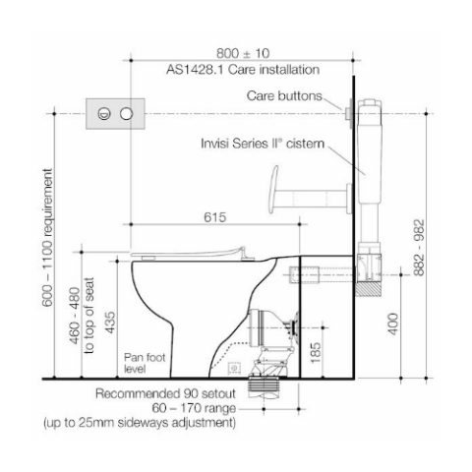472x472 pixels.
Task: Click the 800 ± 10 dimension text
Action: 243,53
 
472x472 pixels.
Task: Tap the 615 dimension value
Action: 215,217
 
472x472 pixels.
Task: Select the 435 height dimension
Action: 110,323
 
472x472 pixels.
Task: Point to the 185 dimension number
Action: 316,353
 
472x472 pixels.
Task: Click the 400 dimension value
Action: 393,324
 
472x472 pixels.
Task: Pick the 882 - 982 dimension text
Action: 419,248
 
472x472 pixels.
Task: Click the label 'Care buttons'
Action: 284,96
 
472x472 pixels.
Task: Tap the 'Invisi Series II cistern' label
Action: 263,144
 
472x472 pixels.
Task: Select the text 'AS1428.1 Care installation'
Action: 243,70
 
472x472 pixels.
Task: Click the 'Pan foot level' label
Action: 145,363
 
